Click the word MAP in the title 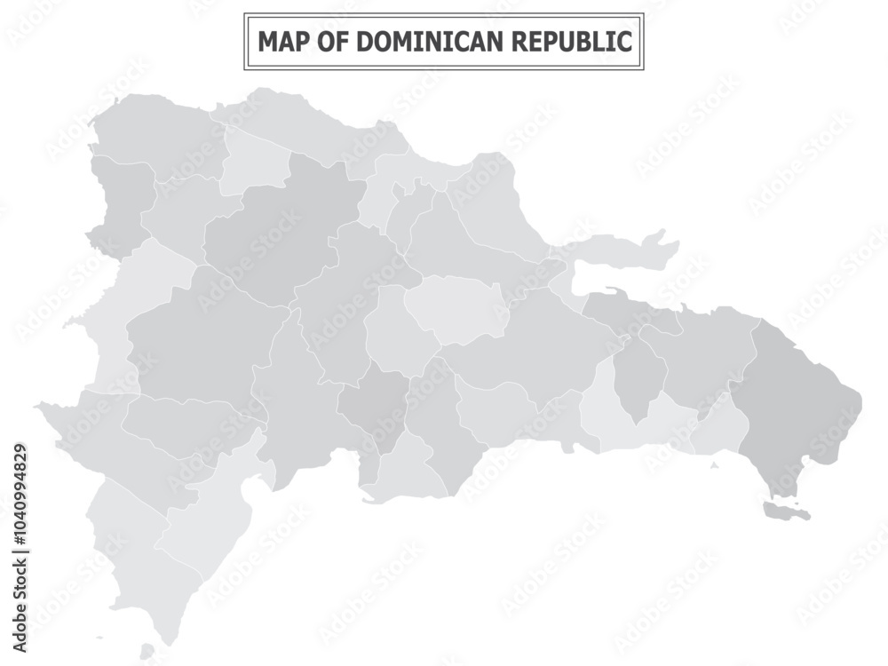point(279,41)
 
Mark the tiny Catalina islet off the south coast point(714,464)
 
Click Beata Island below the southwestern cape point(147,653)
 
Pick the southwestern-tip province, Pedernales point(133,559)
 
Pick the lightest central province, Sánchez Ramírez point(453,306)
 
